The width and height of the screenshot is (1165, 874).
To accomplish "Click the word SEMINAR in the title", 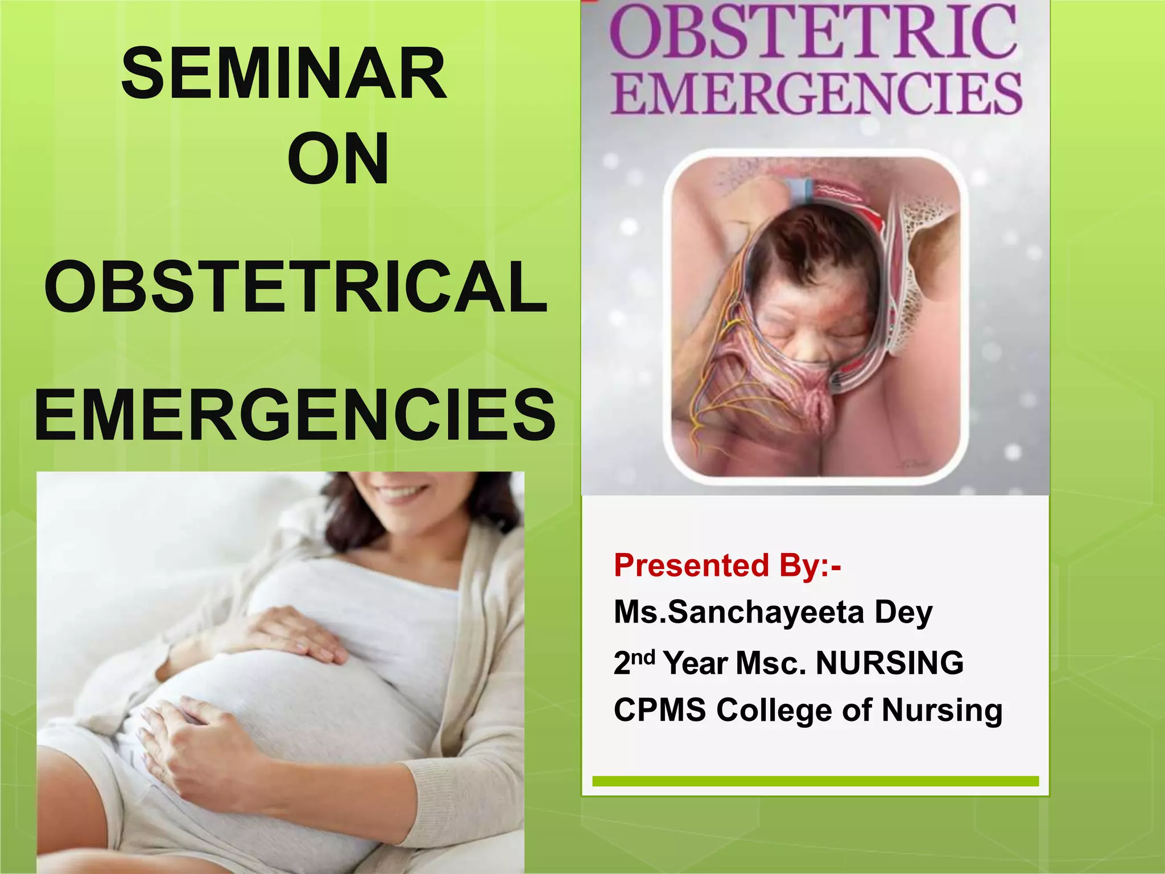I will coord(284,74).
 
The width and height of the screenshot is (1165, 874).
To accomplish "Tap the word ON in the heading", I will coord(338,159).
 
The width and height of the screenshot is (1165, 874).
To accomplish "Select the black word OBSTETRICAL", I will coord(296,287).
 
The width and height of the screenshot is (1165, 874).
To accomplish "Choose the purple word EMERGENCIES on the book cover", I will coord(817,94).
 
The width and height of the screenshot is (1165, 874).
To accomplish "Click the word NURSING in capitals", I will coord(890,663).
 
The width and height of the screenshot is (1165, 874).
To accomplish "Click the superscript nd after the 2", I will coord(643,657).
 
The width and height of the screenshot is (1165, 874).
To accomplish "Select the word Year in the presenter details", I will coord(696,663).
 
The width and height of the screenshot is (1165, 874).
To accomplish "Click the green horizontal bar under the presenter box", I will coord(815,781).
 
